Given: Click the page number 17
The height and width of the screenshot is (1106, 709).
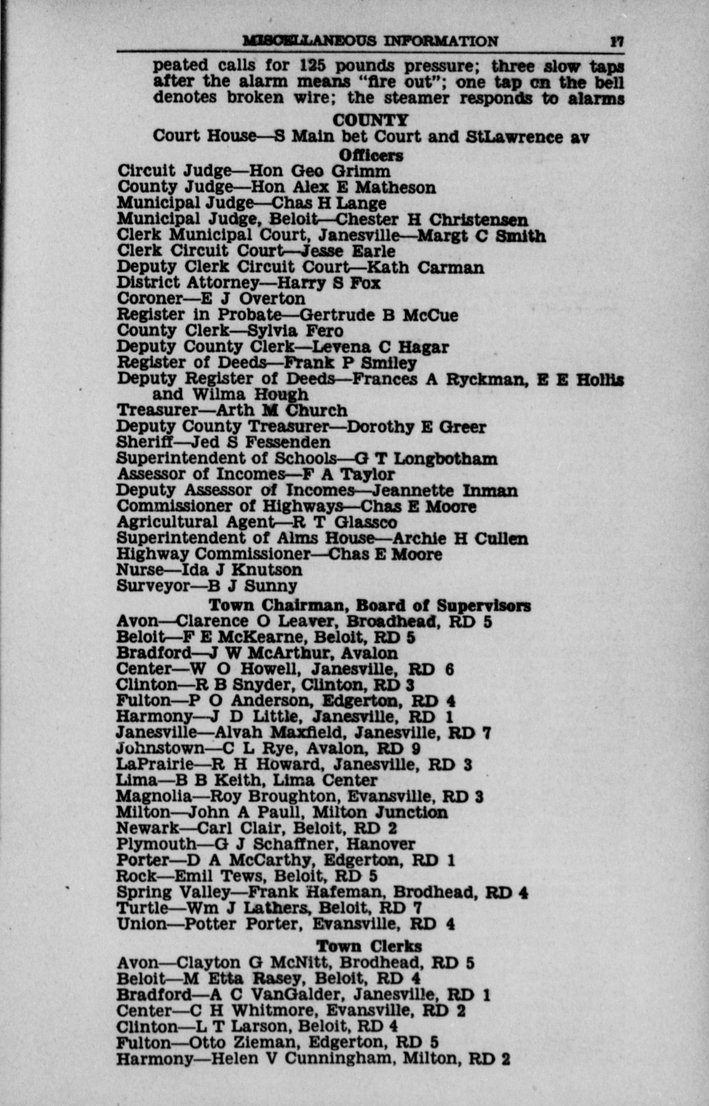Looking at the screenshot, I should [x=617, y=42].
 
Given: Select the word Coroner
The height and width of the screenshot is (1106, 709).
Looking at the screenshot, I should [x=150, y=299].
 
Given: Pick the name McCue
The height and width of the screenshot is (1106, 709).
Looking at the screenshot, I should [x=430, y=315].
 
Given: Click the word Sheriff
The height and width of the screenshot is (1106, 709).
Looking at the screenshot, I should [x=145, y=442].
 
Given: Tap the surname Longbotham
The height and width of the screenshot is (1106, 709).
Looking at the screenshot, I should [x=445, y=459].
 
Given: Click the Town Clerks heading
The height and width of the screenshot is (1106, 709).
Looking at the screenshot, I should [x=369, y=946].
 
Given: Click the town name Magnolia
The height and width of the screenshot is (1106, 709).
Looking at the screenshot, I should [x=153, y=796].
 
